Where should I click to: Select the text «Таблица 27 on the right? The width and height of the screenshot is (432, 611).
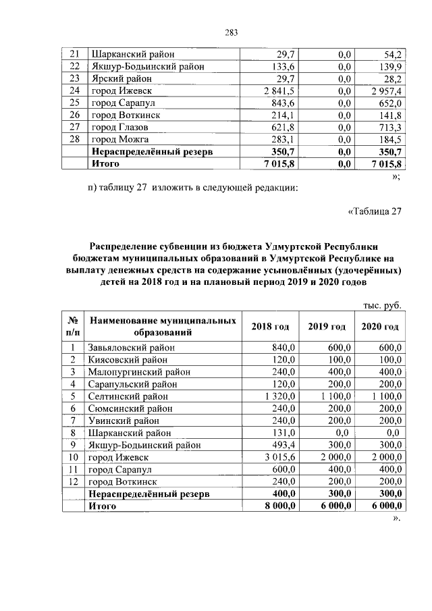[x=374, y=212]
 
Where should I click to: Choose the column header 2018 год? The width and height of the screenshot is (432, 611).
[x=270, y=326]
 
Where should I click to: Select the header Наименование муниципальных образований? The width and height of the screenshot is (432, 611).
[x=163, y=326]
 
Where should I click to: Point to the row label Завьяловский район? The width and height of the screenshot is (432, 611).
[x=132, y=348]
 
